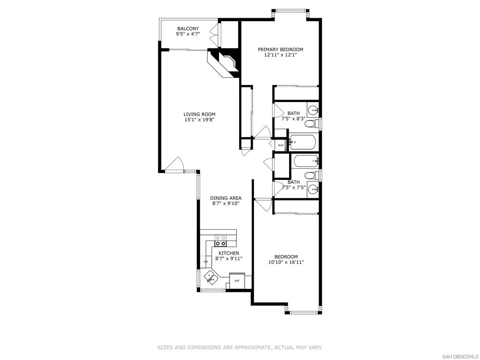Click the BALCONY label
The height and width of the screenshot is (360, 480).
(x=187, y=29)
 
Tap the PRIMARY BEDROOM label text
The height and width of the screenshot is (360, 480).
(x=280, y=49)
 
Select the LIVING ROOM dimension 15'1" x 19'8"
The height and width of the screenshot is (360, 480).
(x=199, y=120)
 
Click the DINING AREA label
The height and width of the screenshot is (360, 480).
(x=225, y=198)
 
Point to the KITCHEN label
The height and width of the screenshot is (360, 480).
(x=228, y=253)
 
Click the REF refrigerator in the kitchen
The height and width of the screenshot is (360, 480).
(x=237, y=280)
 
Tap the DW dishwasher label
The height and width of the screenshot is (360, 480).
(x=205, y=262)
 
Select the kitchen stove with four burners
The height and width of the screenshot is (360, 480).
(x=220, y=240)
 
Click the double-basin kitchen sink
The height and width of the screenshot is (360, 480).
(x=210, y=277)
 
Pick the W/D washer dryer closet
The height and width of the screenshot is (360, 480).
(x=281, y=145)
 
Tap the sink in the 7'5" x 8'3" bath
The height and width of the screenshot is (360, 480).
(x=313, y=111)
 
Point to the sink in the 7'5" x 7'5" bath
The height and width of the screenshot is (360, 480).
(x=313, y=189)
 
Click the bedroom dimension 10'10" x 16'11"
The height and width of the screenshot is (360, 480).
(x=286, y=262)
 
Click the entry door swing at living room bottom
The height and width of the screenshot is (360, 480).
(x=175, y=164)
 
